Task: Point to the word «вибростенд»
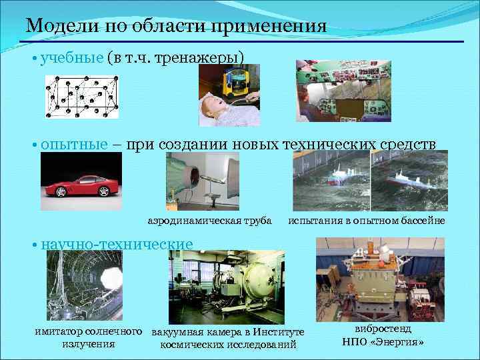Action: point(383,329)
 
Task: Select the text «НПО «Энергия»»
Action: point(383,342)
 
